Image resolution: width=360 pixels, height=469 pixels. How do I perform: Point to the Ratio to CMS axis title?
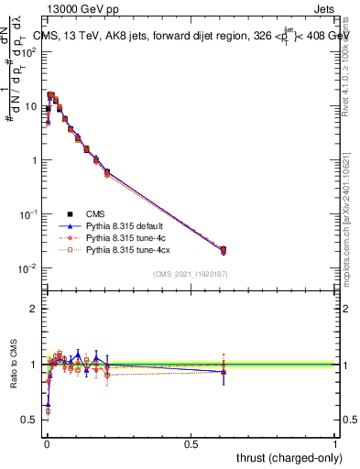click(x=13, y=380)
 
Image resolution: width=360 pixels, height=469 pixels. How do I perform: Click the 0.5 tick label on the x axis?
click(x=191, y=443)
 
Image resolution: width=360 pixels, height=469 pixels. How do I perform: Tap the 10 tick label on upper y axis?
click(x=31, y=106)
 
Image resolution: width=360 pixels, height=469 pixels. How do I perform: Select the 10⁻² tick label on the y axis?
click(x=28, y=268)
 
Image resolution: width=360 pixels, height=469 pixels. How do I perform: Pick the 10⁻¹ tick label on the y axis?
click(x=28, y=214)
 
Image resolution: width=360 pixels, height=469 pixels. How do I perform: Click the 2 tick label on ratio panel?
click(x=34, y=309)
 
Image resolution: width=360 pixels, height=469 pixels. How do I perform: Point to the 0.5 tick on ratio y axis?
click(x=30, y=419)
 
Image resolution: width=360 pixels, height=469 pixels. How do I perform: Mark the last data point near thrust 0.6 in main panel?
click(x=223, y=250)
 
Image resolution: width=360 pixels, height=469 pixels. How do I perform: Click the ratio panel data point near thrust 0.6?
click(x=223, y=370)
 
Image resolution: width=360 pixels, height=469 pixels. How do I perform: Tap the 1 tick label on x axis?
click(x=335, y=443)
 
